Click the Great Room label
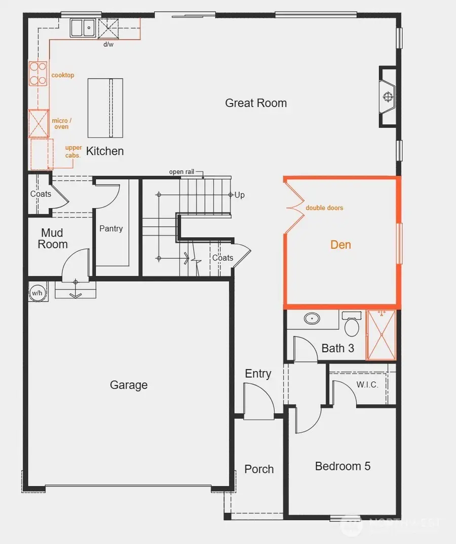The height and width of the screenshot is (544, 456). coord(256,103)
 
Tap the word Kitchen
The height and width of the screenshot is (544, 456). coord(105,151)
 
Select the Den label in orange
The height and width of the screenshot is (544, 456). coord(340,245)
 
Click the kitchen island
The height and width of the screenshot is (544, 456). coord(105,108)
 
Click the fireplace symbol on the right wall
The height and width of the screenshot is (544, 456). coord(389,96)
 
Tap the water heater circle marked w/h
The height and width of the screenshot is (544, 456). coord(37,293)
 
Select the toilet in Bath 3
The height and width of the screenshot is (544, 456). coord(352,324)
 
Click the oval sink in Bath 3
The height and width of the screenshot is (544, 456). coord(313,319)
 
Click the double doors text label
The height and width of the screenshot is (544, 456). coord(324,208)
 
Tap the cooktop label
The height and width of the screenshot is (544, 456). coord(63,75)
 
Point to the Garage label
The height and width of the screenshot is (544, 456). coord(129,385)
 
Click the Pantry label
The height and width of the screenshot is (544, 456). coord(111,229)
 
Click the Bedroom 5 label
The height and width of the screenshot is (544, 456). coord(343,466)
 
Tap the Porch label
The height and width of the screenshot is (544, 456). coord(259,469)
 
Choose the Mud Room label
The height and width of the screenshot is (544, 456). coord(52,239)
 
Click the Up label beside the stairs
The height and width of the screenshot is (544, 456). coord(240,195)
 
